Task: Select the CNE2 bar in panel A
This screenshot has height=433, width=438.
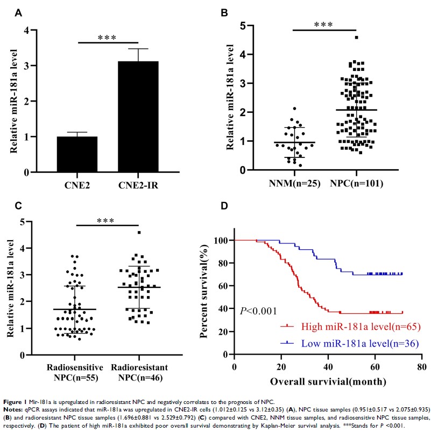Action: [x=78, y=154]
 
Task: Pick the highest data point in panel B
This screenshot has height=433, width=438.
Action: [x=356, y=38]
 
